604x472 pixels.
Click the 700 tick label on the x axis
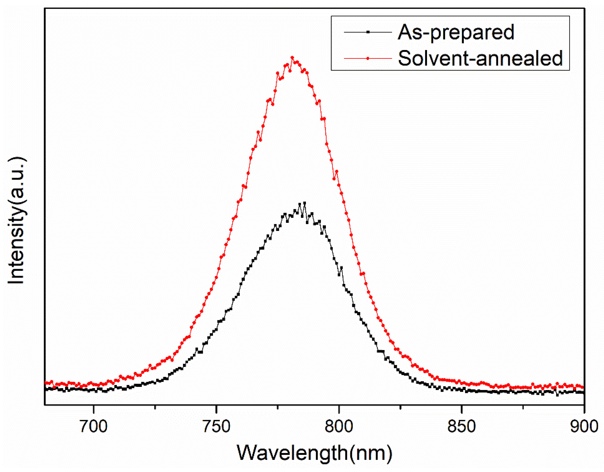(94, 426)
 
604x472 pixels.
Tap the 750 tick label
(216, 426)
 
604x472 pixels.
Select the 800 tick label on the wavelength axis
(339, 426)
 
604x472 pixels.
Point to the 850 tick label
(462, 426)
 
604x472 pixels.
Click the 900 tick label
(584, 426)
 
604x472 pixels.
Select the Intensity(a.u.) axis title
(16, 221)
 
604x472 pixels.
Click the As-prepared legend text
(456, 32)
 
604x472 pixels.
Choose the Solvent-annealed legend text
(480, 58)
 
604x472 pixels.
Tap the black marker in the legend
(368, 32)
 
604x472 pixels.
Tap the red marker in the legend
(368, 58)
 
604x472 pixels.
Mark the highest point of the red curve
(292, 57)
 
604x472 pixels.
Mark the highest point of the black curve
(305, 203)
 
